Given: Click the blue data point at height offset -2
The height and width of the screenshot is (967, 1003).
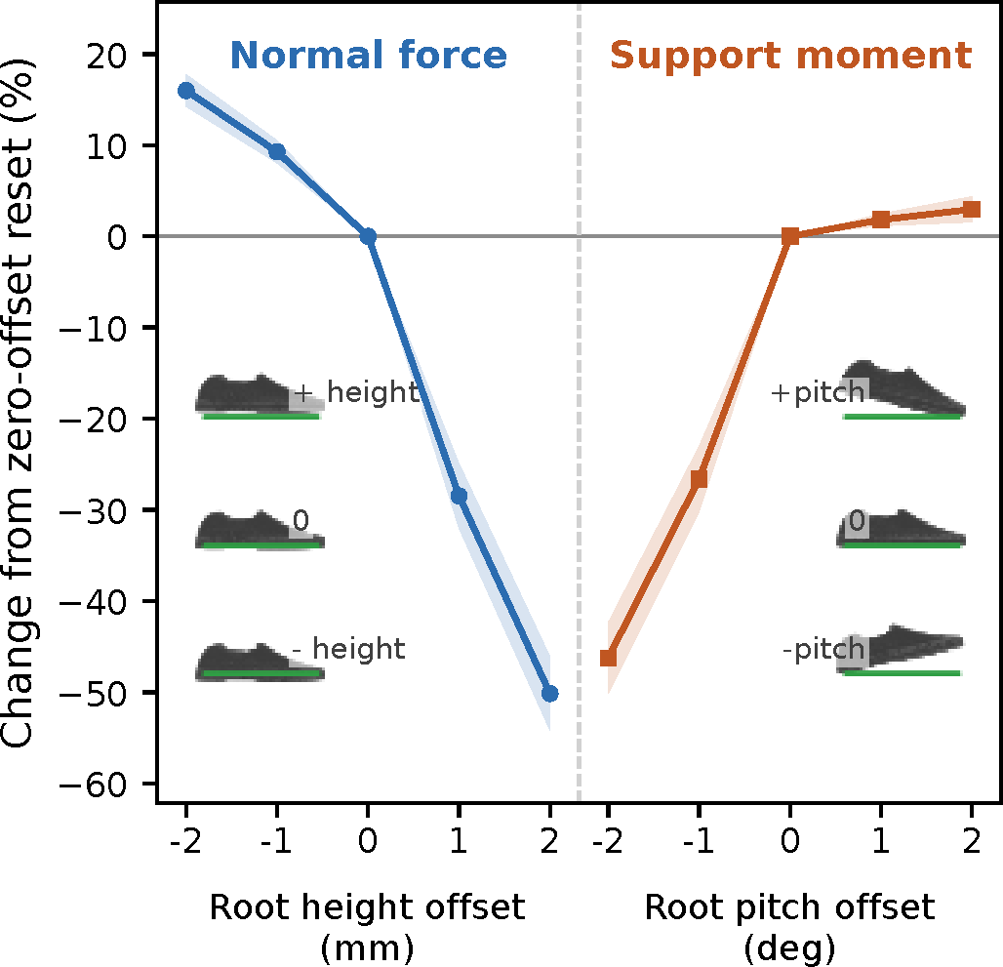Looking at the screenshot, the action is [186, 91].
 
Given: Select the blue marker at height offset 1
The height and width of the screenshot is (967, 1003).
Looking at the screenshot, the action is [459, 496].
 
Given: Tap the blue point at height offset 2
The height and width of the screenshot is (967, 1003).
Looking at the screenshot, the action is [549, 693].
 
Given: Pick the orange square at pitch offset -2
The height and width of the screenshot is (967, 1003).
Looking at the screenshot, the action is [608, 658].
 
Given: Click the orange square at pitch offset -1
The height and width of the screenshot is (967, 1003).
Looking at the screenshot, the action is [700, 478].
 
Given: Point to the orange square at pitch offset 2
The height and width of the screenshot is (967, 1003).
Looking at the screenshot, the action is [972, 209].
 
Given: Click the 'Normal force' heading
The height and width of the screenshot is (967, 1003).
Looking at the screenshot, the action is [369, 55].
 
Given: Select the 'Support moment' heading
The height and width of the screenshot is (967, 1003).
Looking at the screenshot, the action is [790, 56].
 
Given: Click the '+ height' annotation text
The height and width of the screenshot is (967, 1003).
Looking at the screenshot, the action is [356, 391].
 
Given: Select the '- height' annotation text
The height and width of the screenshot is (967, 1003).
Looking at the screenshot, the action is [348, 649].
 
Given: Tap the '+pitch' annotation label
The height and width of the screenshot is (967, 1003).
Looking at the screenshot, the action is [818, 392].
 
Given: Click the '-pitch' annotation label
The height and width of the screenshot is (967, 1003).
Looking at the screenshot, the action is [823, 649].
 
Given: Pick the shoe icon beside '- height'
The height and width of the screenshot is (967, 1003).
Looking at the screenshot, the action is [260, 662].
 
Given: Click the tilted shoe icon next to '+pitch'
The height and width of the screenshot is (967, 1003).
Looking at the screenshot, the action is [903, 390].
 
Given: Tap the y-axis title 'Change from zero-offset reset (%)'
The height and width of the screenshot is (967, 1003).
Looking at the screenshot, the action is [18, 403].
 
